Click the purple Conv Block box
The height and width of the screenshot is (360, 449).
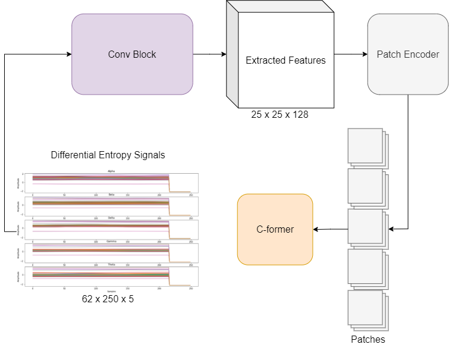pos(132,54)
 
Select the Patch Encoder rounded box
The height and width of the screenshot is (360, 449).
pos(407,54)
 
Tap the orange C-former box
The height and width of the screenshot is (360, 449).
pos(275,229)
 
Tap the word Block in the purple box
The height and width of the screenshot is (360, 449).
pos(144,54)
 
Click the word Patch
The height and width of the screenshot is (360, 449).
pos(388,54)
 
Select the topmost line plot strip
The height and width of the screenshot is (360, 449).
pos(111,183)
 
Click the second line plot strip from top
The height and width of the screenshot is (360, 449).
pos(111,206)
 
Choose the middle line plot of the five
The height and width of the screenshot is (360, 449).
pos(111,229)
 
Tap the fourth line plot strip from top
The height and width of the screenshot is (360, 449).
pos(111,253)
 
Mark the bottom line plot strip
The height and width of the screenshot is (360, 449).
pos(111,276)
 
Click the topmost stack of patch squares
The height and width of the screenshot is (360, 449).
pos(366,146)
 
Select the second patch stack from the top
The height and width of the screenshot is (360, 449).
pos(366,187)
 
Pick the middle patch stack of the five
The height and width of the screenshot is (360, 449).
pos(366,227)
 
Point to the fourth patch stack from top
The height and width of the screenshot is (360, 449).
pos(366,267)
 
